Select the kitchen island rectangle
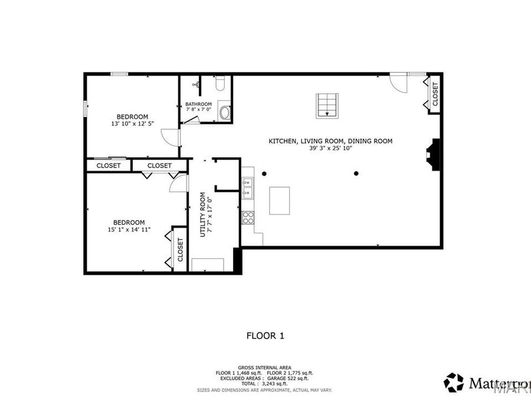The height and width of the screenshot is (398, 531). (280, 200)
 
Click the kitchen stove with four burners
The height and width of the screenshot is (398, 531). (248, 218)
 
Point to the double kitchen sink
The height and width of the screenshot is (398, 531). (247, 187)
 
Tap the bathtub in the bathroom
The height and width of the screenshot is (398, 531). (224, 112)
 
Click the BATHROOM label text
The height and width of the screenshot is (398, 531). (199, 104)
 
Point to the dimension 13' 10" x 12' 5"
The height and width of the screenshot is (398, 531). (132, 124)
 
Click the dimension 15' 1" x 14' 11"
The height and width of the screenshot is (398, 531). (130, 230)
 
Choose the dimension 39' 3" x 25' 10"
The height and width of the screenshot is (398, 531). (330, 149)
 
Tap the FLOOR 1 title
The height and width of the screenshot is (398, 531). (265, 335)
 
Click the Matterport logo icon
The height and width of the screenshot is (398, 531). (454, 382)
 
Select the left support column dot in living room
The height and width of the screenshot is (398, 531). (264, 173)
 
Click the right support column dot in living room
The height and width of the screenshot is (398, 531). (356, 173)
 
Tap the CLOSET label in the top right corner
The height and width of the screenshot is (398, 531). (435, 94)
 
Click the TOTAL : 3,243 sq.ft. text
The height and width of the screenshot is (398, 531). (265, 383)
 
